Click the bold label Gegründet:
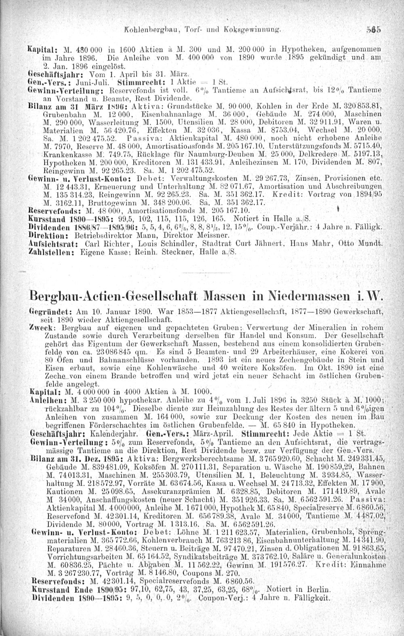46,311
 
